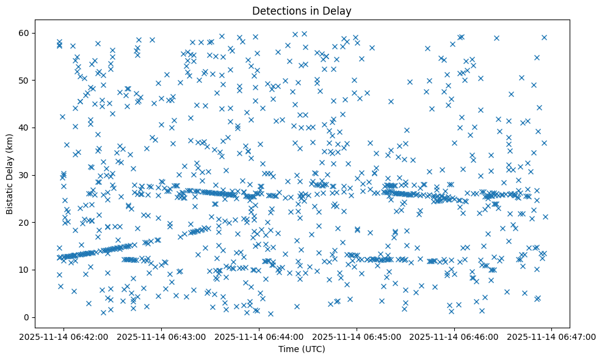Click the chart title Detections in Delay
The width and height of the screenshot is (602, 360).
tap(302, 10)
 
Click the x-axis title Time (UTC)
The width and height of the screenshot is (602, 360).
tap(302, 349)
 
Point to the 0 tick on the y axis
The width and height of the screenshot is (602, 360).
tap(37, 317)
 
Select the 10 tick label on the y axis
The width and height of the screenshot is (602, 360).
tap(35, 270)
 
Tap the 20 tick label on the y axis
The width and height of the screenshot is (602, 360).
tap(35, 223)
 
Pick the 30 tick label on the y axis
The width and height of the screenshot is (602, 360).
tap(35, 175)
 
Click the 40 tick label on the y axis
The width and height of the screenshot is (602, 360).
tap(35, 128)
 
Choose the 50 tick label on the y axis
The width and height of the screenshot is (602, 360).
tap(35, 80)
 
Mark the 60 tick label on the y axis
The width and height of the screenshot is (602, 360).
tap(35, 33)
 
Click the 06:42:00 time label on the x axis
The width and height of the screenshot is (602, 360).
tap(63, 336)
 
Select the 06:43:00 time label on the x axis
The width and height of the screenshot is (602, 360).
tap(161, 336)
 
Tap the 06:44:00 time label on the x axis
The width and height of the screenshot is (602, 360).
tap(259, 336)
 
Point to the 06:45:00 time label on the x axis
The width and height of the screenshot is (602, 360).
tap(357, 336)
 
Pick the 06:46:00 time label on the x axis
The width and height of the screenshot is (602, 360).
tap(454, 336)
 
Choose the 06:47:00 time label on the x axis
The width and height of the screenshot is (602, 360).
tap(552, 336)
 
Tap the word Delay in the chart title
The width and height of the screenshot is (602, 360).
tap(339, 10)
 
